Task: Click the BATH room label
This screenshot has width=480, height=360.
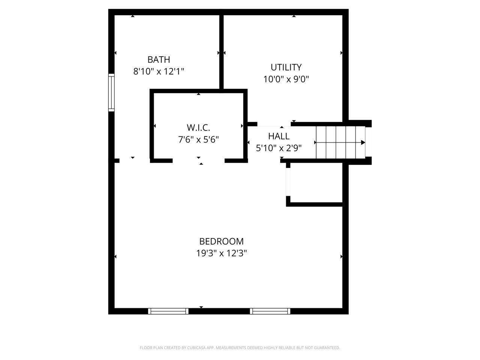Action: click(159, 60)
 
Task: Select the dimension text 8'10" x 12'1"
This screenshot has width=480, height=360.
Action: click(159, 71)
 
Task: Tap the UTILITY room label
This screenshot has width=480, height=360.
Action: click(286, 67)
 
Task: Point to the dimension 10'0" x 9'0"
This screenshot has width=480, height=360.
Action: click(286, 79)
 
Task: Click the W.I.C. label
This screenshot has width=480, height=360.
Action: click(198, 127)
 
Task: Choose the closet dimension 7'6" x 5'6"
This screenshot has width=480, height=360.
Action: click(198, 139)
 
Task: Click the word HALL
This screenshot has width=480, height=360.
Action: click(279, 136)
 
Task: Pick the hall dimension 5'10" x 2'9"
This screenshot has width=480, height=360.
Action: click(279, 148)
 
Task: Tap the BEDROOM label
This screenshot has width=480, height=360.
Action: click(221, 241)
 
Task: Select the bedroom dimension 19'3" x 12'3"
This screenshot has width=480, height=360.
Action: click(221, 253)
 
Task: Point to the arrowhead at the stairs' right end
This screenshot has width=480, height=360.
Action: click(363, 142)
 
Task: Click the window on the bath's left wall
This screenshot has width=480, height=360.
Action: click(111, 93)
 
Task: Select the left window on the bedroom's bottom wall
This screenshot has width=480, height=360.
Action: click(168, 311)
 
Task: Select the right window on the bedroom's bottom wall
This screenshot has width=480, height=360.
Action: click(270, 311)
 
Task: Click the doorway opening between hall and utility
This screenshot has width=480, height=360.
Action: click(274, 124)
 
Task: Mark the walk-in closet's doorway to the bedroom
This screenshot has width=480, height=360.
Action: click(198, 161)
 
